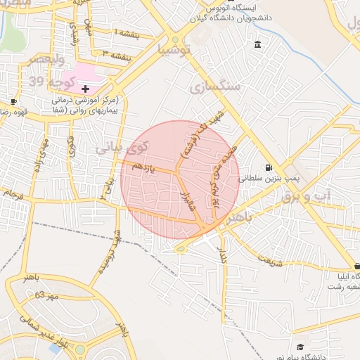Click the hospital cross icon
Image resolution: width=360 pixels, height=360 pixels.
[x=85, y=89]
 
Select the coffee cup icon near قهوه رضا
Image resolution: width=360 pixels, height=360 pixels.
[x=14, y=102]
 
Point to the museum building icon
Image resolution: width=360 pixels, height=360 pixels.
[x=257, y=45]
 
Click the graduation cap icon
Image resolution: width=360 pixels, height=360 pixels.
[x=300, y=347]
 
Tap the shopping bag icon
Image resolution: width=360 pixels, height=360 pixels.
[x=357, y=266]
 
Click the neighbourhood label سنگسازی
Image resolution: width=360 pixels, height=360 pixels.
[x=215, y=86]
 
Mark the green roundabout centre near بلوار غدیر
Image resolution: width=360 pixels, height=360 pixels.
[x=79, y=349]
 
